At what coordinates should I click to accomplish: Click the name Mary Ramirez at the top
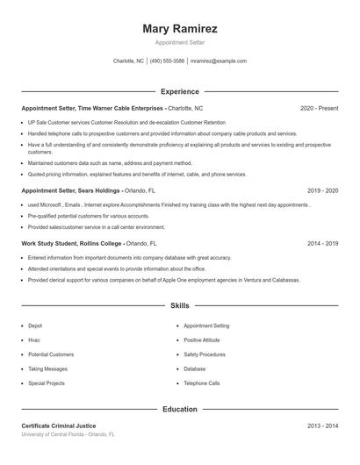[x=180, y=29]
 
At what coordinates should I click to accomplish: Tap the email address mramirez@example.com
[x=218, y=61]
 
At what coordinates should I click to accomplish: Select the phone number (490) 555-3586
[x=167, y=61]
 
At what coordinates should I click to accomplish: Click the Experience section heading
[x=180, y=91]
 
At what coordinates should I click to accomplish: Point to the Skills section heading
[x=180, y=306]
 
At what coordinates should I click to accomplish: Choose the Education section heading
[x=180, y=409]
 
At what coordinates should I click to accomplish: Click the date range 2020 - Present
[x=319, y=108]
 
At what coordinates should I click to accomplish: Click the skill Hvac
[x=35, y=340]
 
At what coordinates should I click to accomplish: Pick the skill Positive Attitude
[x=203, y=340]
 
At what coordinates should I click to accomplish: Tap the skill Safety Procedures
[x=205, y=354]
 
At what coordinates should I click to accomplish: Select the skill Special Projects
[x=47, y=383]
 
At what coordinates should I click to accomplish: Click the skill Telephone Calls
[x=202, y=383]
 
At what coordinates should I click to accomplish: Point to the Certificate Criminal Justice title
[x=60, y=426]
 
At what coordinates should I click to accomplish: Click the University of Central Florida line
[x=68, y=434]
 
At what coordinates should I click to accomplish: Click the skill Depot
[x=36, y=325]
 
